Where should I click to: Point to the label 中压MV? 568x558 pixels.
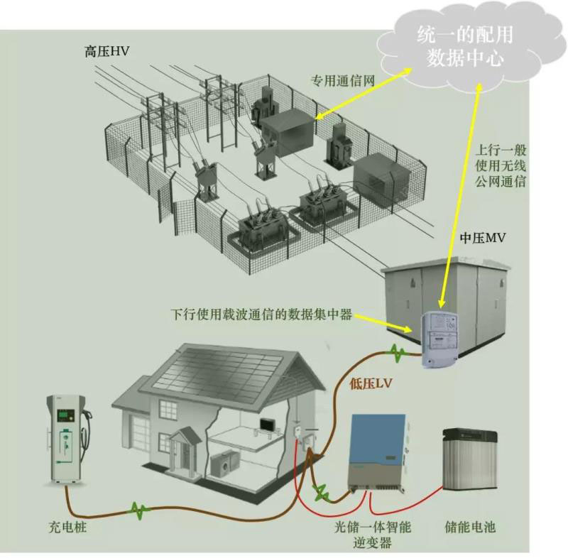[x=483, y=238]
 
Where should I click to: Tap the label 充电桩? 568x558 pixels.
[x=70, y=527]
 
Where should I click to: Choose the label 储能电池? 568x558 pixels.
[x=471, y=527]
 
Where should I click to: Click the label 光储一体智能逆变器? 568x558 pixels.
[x=373, y=535]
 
